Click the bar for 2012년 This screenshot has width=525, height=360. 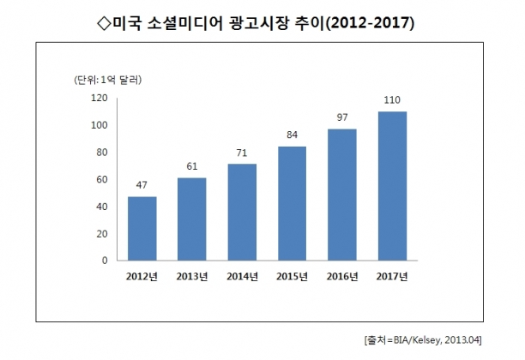point(142,229)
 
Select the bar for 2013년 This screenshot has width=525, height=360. point(192,219)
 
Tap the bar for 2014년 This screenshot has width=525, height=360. point(242,212)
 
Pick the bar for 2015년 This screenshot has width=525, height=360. point(292,203)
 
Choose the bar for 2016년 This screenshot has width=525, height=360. point(342,195)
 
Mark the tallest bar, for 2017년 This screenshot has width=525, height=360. point(392,186)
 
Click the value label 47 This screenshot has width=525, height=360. point(142,185)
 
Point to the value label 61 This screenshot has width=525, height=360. point(192,166)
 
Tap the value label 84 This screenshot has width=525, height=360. point(292,135)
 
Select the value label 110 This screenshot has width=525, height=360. point(392,100)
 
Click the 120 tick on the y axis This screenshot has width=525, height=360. point(100,98)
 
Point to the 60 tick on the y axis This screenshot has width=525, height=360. point(102,180)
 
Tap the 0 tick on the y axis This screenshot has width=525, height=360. point(105,261)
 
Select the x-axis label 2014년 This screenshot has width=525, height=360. point(242,277)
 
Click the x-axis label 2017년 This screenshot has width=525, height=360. point(392,277)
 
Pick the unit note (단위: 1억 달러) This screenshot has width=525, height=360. point(108,80)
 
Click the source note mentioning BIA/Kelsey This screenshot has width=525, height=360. point(423,340)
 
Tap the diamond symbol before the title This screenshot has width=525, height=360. point(104,24)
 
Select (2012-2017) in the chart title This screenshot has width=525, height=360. point(370,24)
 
